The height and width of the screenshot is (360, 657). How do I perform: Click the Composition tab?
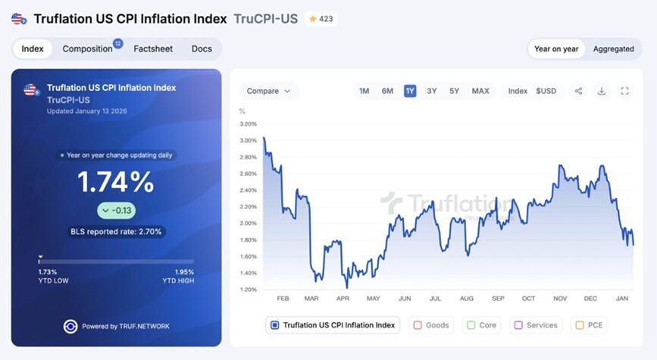tap(88, 49)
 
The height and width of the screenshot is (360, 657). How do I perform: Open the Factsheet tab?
tap(153, 49)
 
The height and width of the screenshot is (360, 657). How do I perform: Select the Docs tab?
tap(202, 49)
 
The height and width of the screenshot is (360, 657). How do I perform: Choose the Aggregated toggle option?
tap(613, 49)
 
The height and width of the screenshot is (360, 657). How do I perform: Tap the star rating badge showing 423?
tap(321, 19)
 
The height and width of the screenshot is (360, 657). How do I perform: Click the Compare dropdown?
tap(268, 91)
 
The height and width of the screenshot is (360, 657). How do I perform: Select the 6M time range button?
tap(387, 91)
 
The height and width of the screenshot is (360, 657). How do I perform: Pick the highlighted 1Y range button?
tap(410, 91)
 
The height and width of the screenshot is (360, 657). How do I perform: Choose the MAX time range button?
tap(480, 91)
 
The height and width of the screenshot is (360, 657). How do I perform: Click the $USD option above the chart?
tap(546, 91)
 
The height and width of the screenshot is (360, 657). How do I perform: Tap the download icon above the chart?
tap(601, 91)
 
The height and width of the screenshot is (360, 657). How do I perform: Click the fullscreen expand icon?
tap(624, 91)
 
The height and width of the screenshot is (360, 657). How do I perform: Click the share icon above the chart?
tap(578, 91)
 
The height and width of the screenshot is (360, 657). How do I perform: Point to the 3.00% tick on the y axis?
tap(248, 140)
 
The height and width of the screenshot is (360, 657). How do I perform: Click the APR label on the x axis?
tap(343, 299)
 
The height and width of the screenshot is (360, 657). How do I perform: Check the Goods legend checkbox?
tap(418, 325)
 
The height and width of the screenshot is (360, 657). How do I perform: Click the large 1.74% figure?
tap(116, 182)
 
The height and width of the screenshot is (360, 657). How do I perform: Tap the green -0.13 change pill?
tap(117, 211)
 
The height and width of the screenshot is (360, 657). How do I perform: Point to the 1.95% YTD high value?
tap(184, 272)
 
